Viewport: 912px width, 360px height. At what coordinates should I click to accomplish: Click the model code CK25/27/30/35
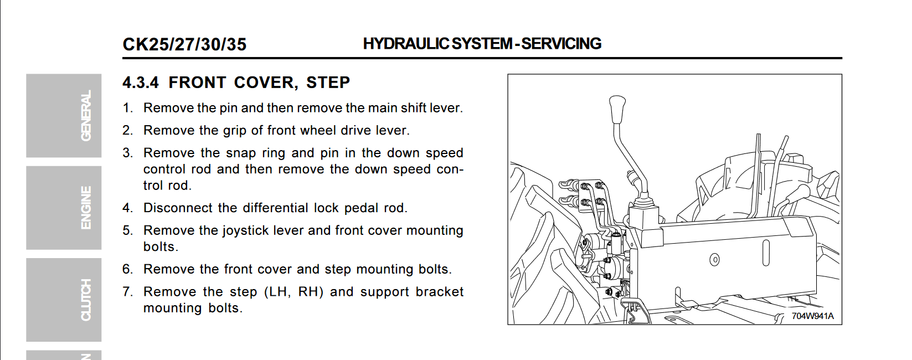(184, 44)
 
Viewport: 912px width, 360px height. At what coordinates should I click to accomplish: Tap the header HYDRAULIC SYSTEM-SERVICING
(482, 44)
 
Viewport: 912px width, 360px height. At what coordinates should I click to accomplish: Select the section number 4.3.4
(141, 83)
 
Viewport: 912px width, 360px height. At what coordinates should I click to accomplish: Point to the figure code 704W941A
(812, 316)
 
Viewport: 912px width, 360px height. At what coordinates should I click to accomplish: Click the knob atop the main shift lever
(617, 109)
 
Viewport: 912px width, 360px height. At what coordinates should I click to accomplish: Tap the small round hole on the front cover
(715, 259)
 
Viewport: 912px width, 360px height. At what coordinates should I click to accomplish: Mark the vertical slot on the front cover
(766, 253)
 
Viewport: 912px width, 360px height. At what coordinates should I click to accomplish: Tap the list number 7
(127, 292)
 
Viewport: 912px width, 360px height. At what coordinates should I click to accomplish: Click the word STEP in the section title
(328, 83)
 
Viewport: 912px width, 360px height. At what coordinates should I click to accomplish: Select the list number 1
(127, 108)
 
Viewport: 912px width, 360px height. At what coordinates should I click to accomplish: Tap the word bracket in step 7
(439, 292)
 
